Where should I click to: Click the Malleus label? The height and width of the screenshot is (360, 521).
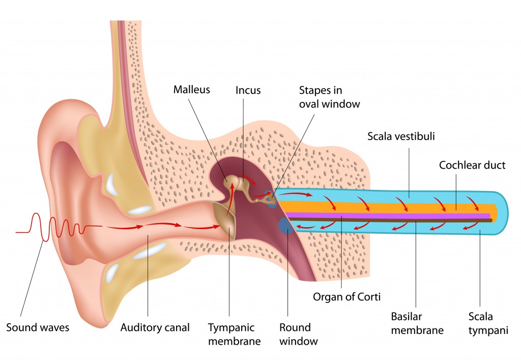tap(192, 90)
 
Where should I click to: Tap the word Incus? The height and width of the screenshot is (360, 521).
tap(248, 91)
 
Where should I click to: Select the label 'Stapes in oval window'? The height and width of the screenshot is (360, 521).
tap(329, 97)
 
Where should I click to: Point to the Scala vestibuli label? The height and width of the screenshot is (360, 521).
tap(401, 136)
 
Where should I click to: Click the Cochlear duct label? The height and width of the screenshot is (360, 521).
tap(472, 165)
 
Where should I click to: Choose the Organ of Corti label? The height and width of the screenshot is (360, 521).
tap(346, 297)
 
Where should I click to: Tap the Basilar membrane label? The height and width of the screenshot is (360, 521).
tap(417, 323)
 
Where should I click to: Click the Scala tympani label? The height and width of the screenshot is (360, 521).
tap(488, 323)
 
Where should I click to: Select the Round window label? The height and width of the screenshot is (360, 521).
tap(298, 335)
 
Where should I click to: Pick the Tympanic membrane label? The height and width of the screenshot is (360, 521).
tap(234, 335)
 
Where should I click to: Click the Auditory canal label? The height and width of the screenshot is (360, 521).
tap(155, 328)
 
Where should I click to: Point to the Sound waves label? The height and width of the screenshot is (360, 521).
tap(38, 328)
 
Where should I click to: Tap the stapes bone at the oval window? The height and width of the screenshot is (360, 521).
tap(265, 199)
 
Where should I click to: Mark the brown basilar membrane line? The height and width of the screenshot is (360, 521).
tap(389, 220)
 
